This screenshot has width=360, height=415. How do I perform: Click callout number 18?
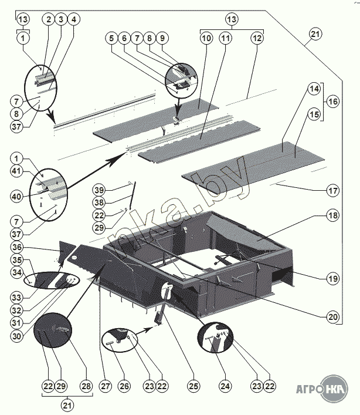(333, 215)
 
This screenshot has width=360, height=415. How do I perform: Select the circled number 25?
(193, 386)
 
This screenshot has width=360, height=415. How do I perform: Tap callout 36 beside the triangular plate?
(16, 247)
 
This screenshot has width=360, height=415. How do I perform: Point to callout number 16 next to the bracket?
(333, 102)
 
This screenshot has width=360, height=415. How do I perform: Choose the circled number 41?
(16, 171)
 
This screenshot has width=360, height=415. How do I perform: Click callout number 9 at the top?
(162, 38)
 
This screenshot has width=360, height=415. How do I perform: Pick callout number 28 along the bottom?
(86, 386)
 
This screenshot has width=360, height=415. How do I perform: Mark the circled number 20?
(333, 317)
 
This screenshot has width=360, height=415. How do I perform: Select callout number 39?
(99, 190)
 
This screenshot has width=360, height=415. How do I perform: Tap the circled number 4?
(74, 19)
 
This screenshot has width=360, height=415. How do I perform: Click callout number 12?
(257, 38)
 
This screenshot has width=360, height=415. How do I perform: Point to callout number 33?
(16, 298)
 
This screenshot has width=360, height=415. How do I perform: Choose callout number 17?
(333, 190)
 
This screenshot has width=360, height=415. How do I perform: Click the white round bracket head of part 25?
(167, 289)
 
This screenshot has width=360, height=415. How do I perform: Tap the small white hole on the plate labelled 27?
(74, 257)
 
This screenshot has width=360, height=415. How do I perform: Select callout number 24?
(225, 386)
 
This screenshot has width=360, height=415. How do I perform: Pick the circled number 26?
(124, 386)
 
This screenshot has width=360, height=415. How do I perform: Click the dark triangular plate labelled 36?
(66, 251)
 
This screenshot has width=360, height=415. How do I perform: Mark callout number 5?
(112, 38)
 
